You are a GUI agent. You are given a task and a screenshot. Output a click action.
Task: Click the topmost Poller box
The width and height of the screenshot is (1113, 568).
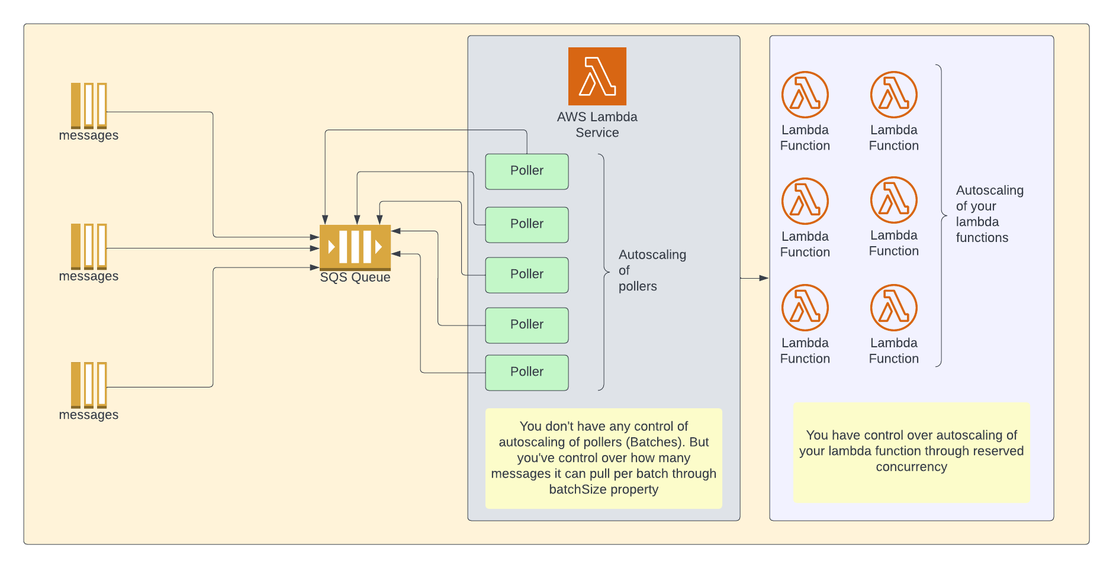tap(526, 172)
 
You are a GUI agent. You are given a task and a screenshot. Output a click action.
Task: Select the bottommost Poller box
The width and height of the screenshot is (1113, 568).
tap(526, 373)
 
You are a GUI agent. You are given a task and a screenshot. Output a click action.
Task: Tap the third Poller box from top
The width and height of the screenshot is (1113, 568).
tap(526, 275)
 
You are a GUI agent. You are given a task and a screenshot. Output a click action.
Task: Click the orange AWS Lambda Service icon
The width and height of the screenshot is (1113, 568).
tap(597, 76)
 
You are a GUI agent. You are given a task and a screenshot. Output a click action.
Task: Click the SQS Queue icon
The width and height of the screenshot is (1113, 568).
tap(355, 247)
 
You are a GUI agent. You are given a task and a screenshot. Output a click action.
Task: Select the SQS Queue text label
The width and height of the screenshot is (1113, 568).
tap(355, 277)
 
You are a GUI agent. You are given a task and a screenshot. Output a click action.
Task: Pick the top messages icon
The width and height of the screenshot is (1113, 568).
tap(89, 105)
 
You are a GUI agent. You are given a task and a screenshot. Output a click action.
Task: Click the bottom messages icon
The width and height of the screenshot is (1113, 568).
tap(89, 385)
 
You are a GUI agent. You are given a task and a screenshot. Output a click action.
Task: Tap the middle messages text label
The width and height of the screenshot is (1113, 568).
tap(89, 276)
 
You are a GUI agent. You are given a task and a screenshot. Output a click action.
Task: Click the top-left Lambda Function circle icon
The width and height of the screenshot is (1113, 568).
tap(805, 95)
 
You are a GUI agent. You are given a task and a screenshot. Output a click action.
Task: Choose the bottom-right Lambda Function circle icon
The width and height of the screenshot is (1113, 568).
tap(893, 308)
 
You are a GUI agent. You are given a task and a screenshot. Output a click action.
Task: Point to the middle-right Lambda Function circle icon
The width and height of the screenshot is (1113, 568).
tap(893, 200)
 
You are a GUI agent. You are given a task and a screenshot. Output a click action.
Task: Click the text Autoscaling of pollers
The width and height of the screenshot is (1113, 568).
tap(651, 270)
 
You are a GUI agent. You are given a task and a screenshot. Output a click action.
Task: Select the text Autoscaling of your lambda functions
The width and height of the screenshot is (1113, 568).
tap(989, 214)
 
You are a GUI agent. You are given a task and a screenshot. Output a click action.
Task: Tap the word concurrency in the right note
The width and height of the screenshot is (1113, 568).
tap(911, 467)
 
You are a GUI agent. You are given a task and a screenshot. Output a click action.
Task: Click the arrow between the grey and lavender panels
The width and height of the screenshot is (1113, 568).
tap(754, 277)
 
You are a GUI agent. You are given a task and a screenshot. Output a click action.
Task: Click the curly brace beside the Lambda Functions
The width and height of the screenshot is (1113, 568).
tap(940, 215)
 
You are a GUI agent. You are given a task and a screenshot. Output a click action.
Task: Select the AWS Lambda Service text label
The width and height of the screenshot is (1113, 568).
tap(597, 125)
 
